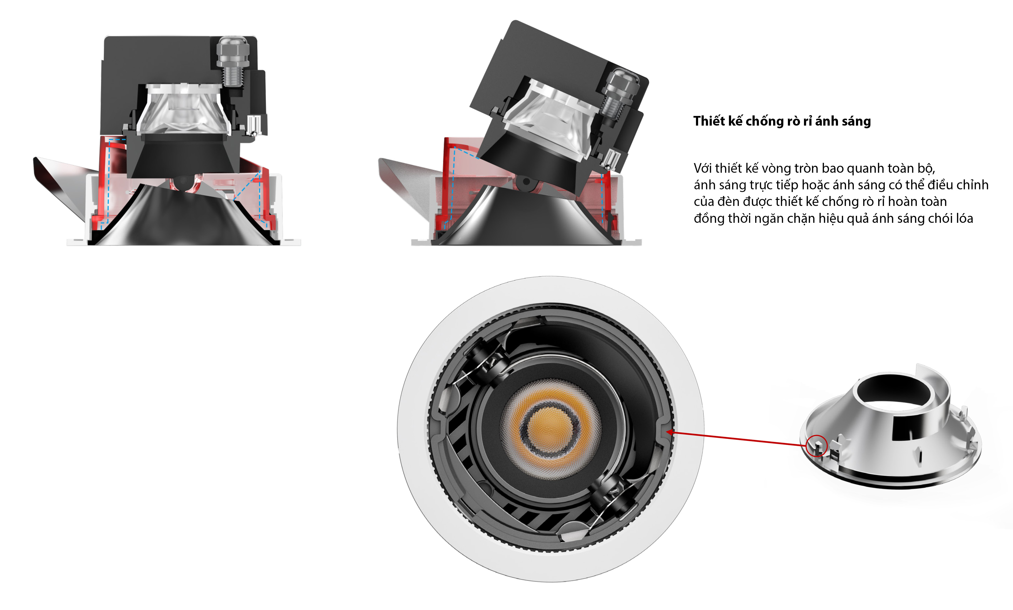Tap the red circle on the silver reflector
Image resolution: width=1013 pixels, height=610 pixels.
pos(816,446)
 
